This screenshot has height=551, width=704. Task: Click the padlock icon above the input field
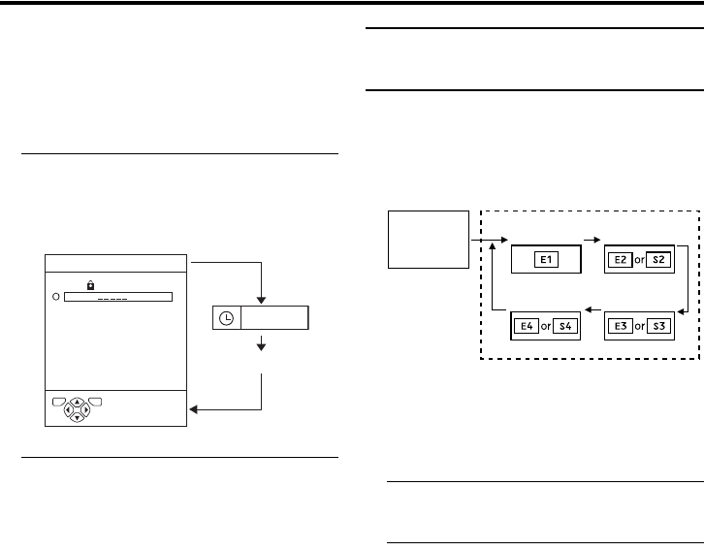tap(90, 284)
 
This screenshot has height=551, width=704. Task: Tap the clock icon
tap(226, 318)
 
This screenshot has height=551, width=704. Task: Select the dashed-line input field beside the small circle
tap(117, 297)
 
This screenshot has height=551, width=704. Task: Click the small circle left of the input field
tap(56, 297)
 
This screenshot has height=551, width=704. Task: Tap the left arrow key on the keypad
tap(67, 409)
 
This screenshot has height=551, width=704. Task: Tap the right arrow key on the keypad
tap(86, 409)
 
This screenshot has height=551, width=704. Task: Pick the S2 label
tap(659, 261)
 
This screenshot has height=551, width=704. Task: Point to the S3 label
tap(659, 325)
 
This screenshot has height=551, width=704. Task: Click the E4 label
tap(529, 325)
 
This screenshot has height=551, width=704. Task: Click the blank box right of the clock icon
tap(274, 318)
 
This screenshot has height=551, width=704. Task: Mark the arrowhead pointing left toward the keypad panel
tap(192, 409)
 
